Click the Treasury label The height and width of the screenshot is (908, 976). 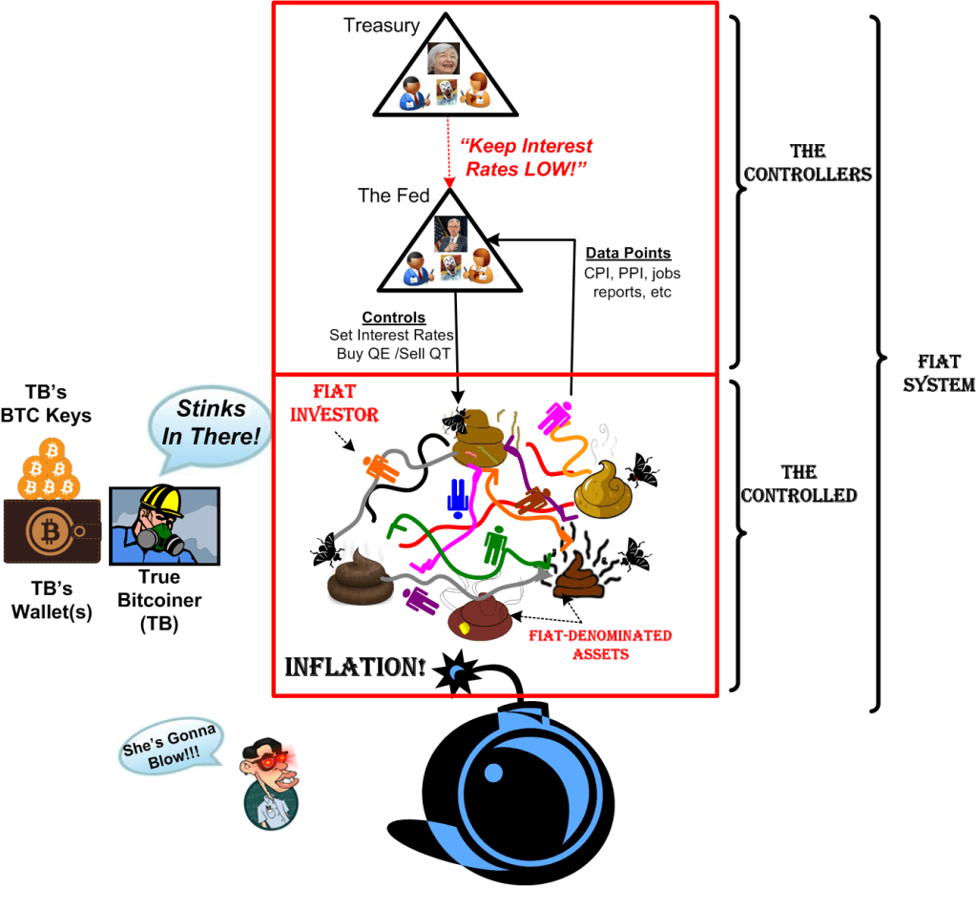(x=382, y=26)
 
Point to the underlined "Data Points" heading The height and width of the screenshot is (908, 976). (x=627, y=253)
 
